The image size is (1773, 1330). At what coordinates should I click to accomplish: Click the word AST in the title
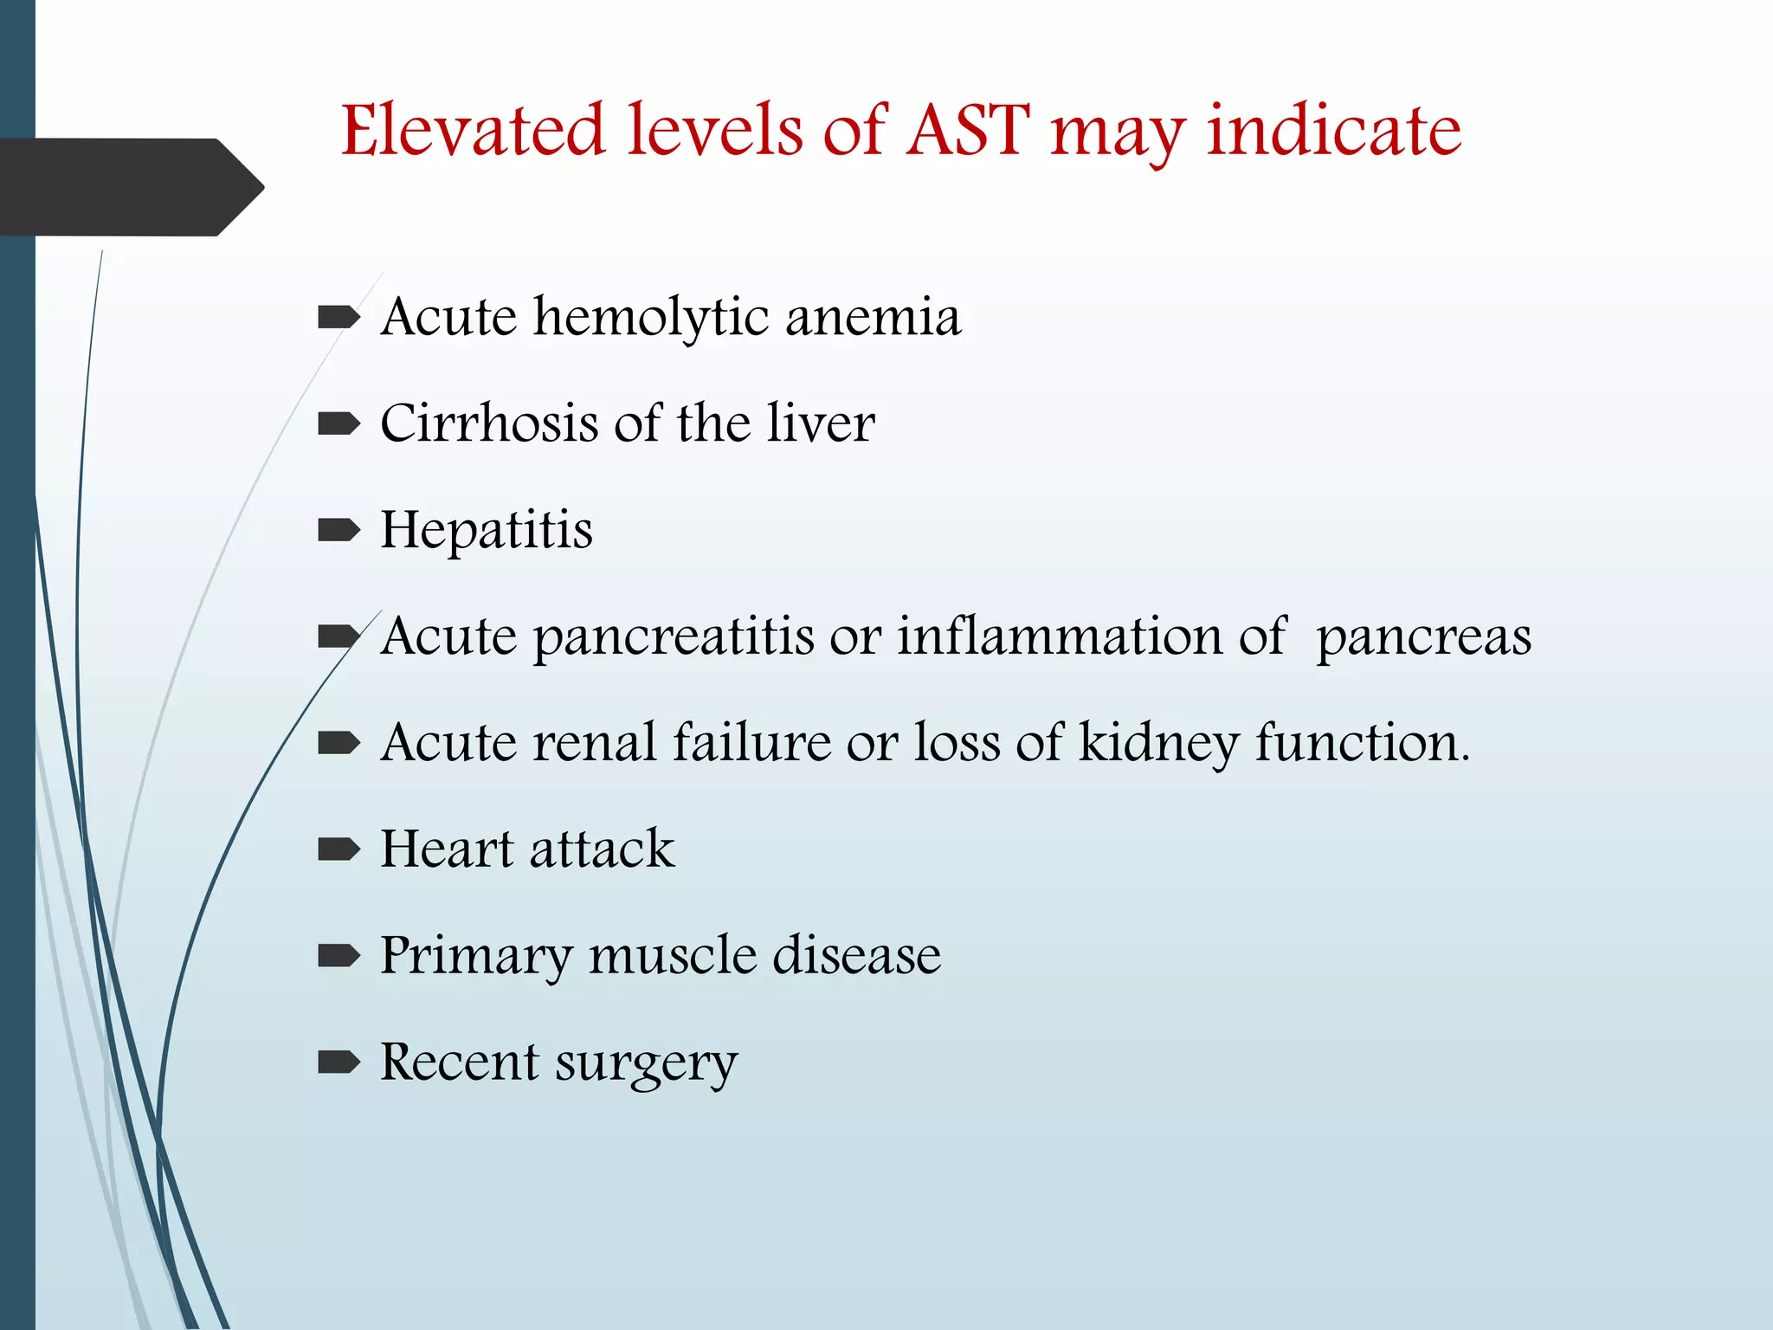pyautogui.click(x=968, y=132)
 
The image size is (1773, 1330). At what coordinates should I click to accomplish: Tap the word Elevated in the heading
pyautogui.click(x=473, y=132)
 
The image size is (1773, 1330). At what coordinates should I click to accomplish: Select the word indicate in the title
pyautogui.click(x=1334, y=132)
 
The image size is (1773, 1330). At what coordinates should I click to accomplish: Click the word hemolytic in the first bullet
pyautogui.click(x=651, y=318)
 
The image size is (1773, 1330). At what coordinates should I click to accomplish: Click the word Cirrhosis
pyautogui.click(x=489, y=424)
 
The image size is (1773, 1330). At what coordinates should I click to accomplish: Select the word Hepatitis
pyautogui.click(x=487, y=531)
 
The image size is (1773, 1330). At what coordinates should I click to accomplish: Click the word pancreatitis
pyautogui.click(x=673, y=638)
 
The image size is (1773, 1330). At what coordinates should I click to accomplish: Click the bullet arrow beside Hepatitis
pyautogui.click(x=338, y=530)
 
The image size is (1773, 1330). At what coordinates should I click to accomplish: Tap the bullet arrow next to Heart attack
pyautogui.click(x=338, y=849)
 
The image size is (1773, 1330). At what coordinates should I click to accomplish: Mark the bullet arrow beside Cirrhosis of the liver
pyautogui.click(x=338, y=424)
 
